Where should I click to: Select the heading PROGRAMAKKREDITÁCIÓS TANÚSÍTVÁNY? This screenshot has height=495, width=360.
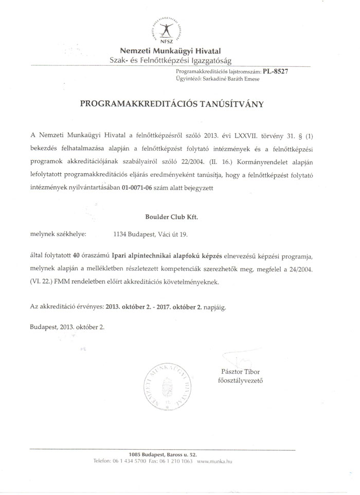click(x=172, y=104)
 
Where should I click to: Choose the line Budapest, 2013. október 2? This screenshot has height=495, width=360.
click(x=67, y=327)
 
